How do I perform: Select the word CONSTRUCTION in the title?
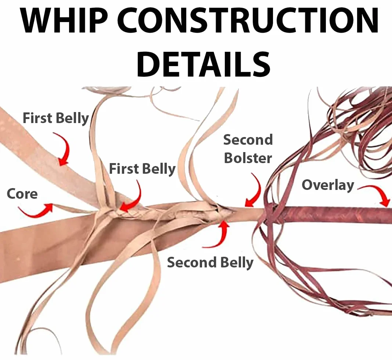(x=247, y=21)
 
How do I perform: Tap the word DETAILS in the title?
(x=204, y=64)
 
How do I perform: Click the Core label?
(x=22, y=194)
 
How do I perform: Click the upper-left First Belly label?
(x=56, y=118)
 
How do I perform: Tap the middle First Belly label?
(x=142, y=169)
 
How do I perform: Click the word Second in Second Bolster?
(x=248, y=140)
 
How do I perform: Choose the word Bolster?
(x=248, y=158)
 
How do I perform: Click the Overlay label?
(x=328, y=186)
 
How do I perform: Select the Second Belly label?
(x=210, y=263)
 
